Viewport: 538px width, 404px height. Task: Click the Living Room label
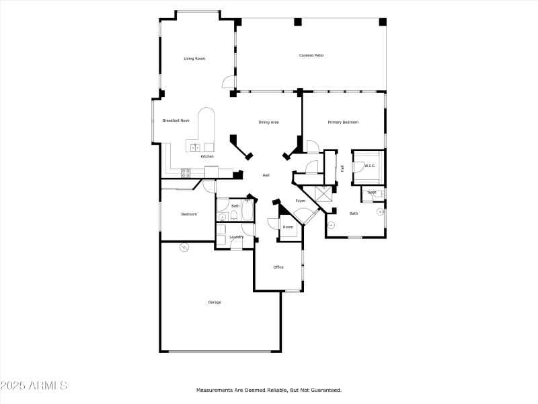194,59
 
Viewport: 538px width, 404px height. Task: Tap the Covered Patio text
311,55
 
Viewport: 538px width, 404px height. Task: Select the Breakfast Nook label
176,121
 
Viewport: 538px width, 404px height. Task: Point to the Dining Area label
268,123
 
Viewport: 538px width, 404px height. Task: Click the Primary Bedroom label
343,123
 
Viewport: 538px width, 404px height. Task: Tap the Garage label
214,302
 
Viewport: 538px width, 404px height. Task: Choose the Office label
278,267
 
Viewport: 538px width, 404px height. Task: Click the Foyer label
301,201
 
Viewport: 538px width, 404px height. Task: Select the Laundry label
236,237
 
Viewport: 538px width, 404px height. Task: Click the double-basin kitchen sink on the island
195,147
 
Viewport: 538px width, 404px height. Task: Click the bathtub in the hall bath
247,212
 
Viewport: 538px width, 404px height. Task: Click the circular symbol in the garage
184,248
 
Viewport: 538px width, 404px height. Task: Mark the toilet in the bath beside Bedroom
232,216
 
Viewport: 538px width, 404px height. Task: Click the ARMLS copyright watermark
34,386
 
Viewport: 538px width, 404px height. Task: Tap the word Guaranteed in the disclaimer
326,390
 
